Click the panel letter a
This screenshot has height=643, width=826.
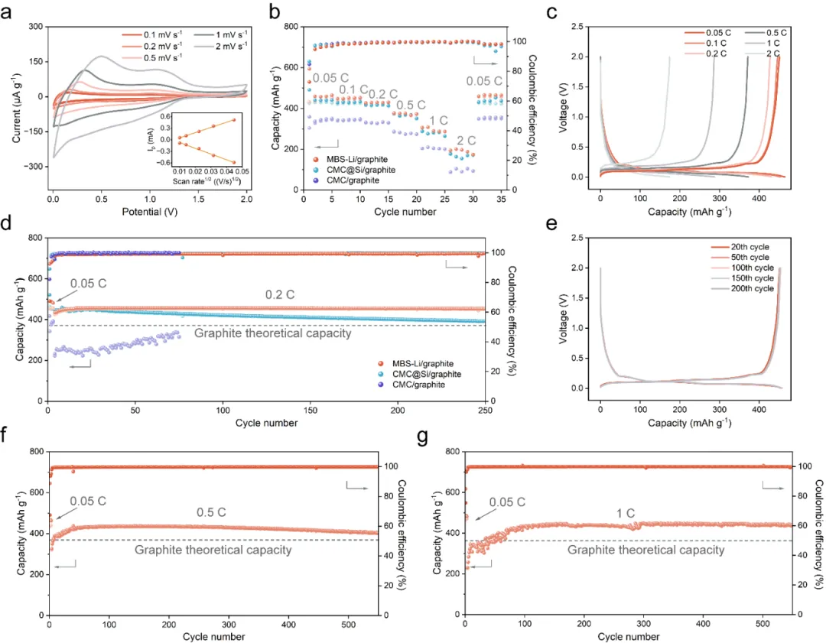(8, 13)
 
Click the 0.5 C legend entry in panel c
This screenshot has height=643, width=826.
(772, 33)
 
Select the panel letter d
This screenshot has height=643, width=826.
(8, 228)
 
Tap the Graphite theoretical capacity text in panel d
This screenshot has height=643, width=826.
(272, 333)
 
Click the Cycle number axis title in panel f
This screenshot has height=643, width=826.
(214, 636)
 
